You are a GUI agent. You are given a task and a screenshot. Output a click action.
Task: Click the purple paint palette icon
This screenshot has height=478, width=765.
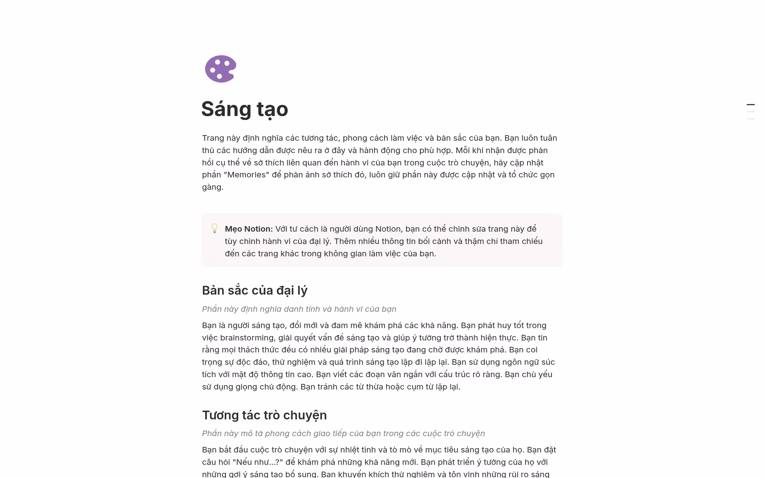click(x=220, y=69)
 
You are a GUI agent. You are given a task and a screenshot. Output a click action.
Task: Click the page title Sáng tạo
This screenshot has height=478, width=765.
click(x=244, y=109)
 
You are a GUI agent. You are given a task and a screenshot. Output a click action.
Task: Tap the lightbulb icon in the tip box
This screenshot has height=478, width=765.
click(x=214, y=228)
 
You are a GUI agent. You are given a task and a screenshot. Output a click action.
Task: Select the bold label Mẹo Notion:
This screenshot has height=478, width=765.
click(x=249, y=229)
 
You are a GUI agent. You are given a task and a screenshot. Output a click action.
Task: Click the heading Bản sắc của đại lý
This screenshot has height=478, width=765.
click(x=255, y=290)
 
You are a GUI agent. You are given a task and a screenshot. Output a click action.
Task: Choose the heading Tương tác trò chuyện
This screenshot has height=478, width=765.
click(x=264, y=415)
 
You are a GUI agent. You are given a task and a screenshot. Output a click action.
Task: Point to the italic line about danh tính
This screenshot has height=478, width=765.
click(x=299, y=309)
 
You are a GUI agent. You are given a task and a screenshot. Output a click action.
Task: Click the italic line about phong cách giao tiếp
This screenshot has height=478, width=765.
click(x=343, y=433)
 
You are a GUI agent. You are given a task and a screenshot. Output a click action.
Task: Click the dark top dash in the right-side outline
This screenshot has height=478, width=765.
click(x=751, y=104)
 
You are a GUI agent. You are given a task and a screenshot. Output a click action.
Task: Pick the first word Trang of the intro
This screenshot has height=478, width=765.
click(x=213, y=138)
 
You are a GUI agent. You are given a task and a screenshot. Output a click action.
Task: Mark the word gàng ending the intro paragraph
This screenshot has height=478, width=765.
click(x=212, y=187)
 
